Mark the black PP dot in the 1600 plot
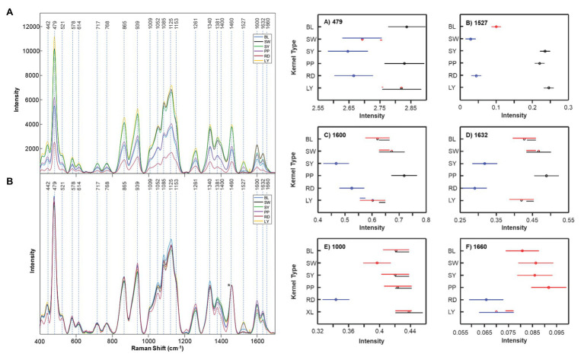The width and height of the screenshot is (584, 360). click(404, 176)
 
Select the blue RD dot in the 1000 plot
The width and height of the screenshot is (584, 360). click(336, 300)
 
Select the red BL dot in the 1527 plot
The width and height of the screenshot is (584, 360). click(496, 27)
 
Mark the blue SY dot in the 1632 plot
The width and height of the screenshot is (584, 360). click(484, 164)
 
